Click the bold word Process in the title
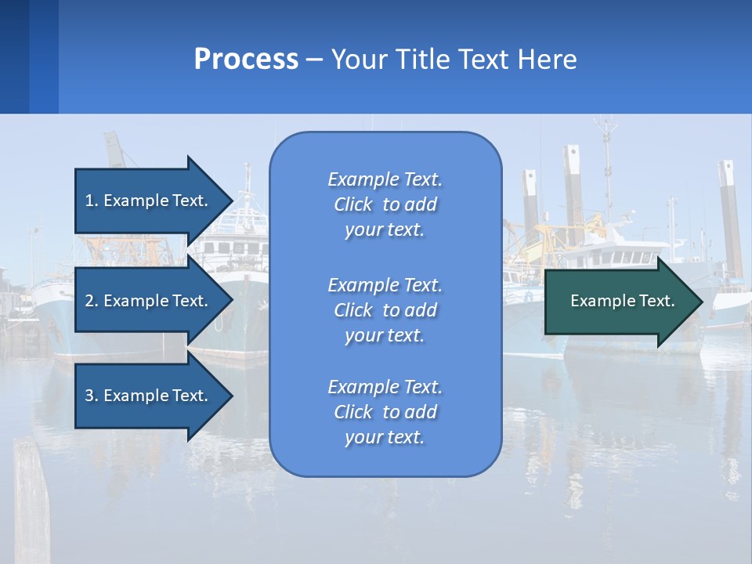(246, 60)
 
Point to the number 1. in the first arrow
(92, 201)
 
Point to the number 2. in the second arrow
(92, 301)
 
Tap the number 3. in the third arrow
(92, 396)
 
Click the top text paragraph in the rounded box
(385, 204)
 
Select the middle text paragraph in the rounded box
(385, 310)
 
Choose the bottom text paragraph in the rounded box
(385, 412)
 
